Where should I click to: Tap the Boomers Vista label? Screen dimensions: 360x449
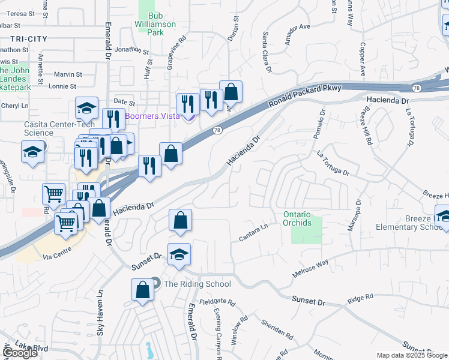tap(152, 116)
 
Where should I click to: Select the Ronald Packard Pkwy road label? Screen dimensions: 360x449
tap(304, 95)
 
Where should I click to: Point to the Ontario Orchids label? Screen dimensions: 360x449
tap(297, 218)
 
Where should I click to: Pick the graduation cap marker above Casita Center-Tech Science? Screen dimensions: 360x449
tap(87, 108)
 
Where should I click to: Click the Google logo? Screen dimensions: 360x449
tap(20, 353)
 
